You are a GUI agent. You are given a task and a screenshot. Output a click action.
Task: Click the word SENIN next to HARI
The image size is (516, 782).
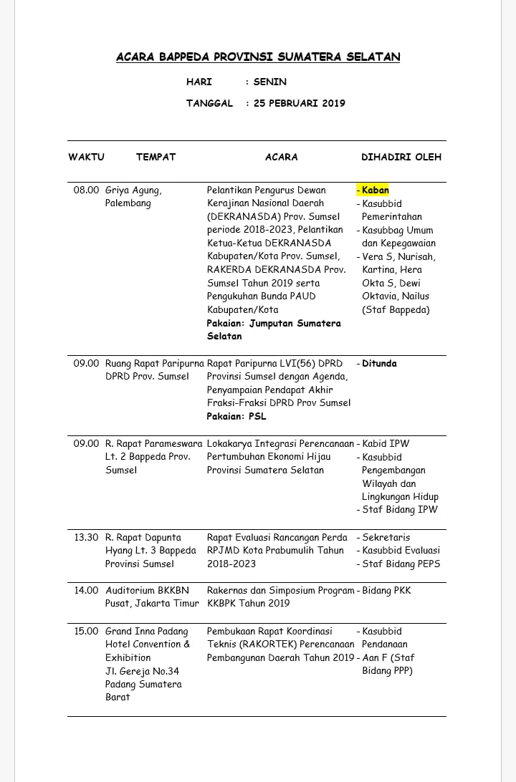click(269, 82)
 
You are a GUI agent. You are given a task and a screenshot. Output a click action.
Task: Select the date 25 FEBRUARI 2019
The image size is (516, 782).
click(299, 103)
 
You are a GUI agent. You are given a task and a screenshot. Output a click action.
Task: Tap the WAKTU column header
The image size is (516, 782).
click(87, 157)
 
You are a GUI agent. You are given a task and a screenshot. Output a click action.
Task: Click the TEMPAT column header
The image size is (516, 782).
click(156, 157)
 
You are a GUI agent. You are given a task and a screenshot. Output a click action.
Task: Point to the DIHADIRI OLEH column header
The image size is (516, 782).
click(401, 157)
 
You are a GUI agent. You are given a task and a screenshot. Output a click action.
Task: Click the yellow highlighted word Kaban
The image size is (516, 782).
click(375, 190)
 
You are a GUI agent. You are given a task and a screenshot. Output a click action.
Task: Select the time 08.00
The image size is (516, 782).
click(86, 190)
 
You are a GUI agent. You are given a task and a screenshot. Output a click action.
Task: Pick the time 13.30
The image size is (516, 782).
click(86, 537)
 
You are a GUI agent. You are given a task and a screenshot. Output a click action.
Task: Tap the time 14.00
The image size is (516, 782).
click(86, 590)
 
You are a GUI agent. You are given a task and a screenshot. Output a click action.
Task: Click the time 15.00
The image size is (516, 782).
click(86, 631)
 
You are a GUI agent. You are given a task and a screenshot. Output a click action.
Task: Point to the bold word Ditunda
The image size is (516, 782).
click(379, 363)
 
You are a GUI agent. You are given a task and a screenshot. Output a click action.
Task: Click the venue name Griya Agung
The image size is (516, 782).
click(133, 190)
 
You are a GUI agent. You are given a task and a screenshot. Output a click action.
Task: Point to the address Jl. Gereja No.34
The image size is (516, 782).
click(142, 671)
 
